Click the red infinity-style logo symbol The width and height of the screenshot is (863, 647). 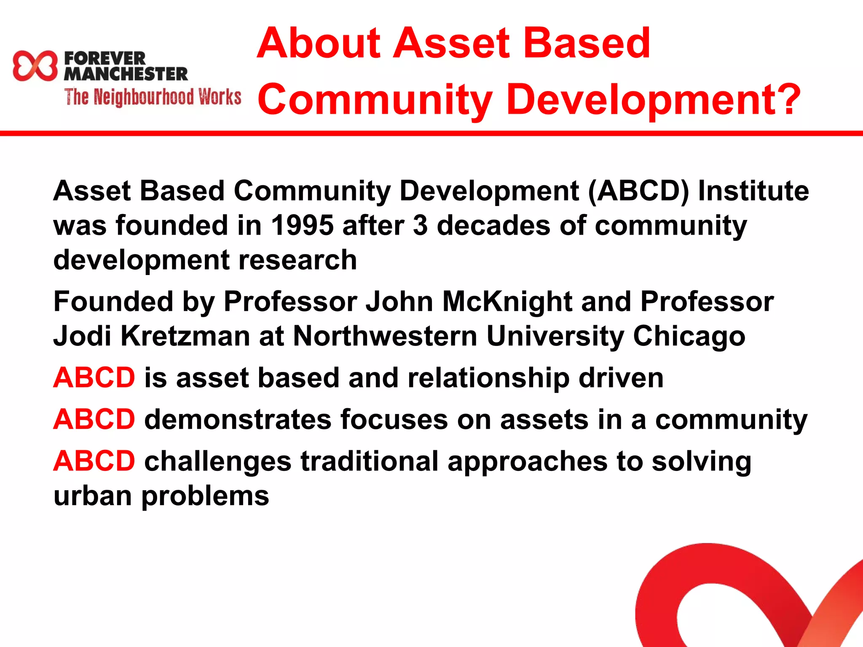[x=35, y=66]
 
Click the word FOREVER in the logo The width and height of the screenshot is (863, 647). [x=105, y=58]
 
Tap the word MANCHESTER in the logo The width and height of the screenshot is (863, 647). [x=126, y=74]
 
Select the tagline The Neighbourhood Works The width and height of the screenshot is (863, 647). [x=153, y=97]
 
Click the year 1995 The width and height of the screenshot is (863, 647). [x=302, y=225]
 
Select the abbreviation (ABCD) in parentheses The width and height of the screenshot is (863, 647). [x=638, y=191]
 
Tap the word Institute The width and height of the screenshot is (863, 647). [x=753, y=191]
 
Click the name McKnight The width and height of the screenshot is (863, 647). [x=507, y=302]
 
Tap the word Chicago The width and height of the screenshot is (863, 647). [x=689, y=336]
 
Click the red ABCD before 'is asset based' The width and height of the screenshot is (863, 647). [x=94, y=377]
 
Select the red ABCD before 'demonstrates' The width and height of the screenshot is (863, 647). [x=94, y=420]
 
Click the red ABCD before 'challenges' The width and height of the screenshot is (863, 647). [x=94, y=461]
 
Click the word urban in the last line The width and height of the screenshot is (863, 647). [x=93, y=496]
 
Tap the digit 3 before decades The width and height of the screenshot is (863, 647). [x=420, y=225]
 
